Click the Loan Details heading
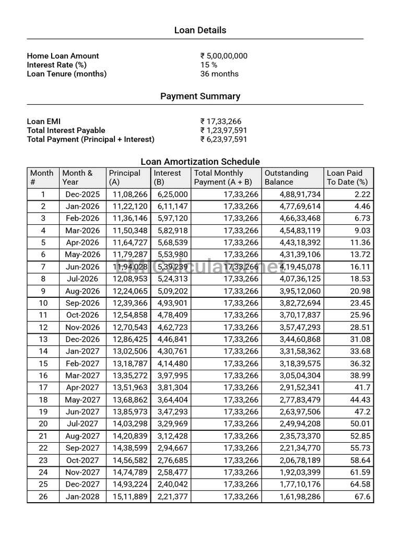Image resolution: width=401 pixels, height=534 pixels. click(200, 30)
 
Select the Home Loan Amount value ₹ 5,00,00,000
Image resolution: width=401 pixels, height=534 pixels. click(223, 56)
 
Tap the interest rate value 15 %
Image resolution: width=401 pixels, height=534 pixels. click(209, 65)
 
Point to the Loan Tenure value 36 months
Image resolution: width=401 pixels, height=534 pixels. click(219, 74)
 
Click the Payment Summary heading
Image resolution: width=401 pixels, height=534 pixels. click(200, 96)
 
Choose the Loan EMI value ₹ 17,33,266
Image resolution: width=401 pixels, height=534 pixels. click(221, 122)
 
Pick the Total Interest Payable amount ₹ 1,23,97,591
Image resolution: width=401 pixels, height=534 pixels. click(223, 130)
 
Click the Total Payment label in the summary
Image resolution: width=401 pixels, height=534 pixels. click(90, 139)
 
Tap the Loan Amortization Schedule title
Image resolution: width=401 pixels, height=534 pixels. click(200, 162)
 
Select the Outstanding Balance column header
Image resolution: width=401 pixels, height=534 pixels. click(287, 177)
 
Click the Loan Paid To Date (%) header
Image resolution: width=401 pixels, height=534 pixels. click(347, 177)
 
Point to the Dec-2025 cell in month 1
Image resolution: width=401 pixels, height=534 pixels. click(82, 194)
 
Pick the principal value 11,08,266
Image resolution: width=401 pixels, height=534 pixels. click(130, 194)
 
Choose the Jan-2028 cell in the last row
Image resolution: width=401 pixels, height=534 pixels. click(82, 496)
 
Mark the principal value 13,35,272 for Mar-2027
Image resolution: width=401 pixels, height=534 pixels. click(130, 375)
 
